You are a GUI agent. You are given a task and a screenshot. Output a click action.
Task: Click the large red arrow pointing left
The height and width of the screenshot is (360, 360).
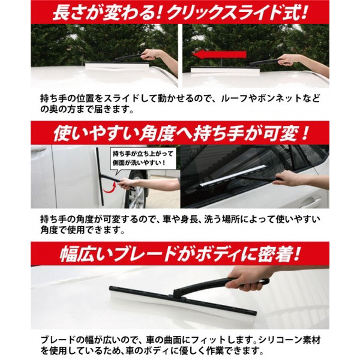click(219, 55)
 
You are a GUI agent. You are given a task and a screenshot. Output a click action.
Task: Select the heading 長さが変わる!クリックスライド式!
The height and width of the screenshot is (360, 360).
click(180, 12)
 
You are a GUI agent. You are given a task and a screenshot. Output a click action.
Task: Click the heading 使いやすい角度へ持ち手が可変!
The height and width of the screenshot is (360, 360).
click(180, 133)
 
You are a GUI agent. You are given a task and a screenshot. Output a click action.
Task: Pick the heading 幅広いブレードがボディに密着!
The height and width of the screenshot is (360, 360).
click(180, 254)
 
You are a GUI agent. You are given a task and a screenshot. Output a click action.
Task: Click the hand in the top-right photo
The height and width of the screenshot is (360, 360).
click(287, 59)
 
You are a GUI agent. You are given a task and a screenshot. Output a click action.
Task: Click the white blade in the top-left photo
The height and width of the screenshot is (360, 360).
click(117, 66)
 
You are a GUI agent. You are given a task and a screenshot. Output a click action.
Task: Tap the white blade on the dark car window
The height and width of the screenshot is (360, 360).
click(232, 176)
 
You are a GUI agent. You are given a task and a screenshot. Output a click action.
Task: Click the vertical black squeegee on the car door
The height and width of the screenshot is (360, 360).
click(100, 176)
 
